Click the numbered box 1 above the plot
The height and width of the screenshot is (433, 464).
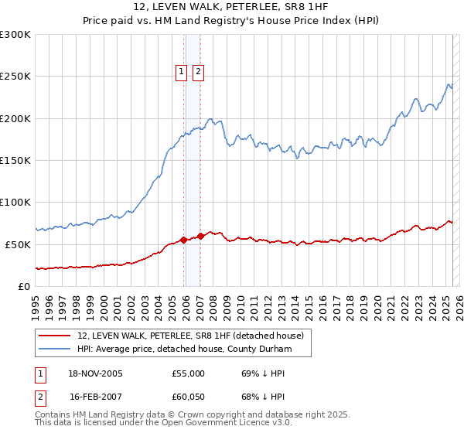coord(182,72)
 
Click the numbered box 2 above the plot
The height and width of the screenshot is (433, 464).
coord(198,72)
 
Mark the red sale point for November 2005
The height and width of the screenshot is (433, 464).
coord(184,240)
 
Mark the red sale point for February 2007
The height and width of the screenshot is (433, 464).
coord(201,236)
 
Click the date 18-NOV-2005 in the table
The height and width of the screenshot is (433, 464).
coord(97,373)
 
